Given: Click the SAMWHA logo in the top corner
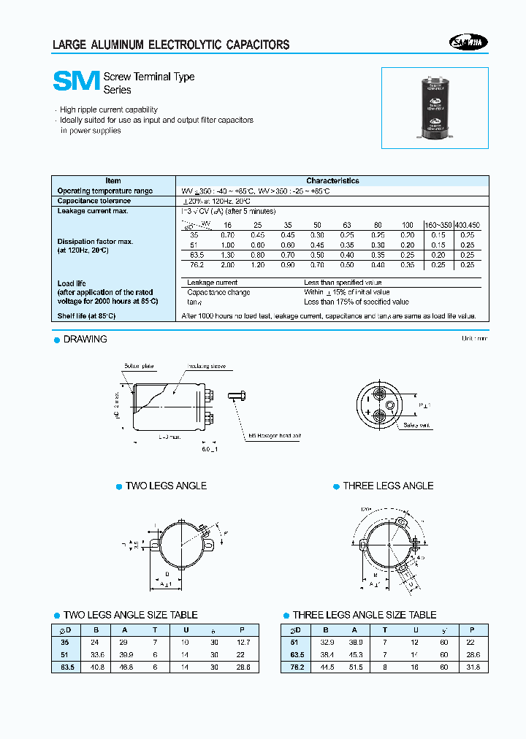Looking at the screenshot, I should pyautogui.click(x=468, y=43).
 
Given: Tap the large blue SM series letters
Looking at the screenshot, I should pyautogui.click(x=75, y=82).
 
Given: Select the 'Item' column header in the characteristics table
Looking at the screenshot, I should pyautogui.click(x=113, y=180).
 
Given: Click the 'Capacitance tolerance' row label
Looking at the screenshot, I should pyautogui.click(x=94, y=201).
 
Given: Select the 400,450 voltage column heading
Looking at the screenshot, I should pyautogui.click(x=467, y=225).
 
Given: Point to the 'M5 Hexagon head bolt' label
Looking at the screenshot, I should pyautogui.click(x=276, y=434).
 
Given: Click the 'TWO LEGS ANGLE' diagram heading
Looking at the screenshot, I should pyautogui.click(x=166, y=486).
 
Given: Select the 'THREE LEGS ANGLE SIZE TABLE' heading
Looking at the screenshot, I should pyautogui.click(x=365, y=615).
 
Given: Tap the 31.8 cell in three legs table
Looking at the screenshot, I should pyautogui.click(x=476, y=667).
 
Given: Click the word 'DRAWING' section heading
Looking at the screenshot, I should pyautogui.click(x=85, y=340).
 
